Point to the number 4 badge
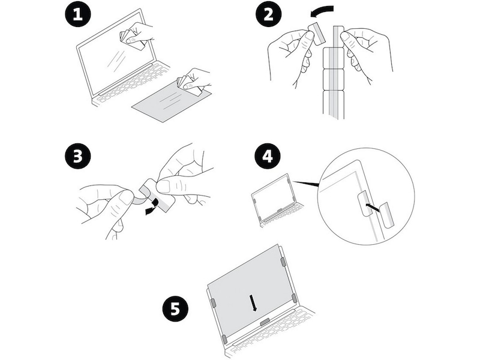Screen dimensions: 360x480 (x=267, y=157)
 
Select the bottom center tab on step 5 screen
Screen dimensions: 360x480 (x=263, y=322)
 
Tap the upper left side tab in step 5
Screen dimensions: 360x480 (x=212, y=304)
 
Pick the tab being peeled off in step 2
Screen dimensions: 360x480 (x=316, y=34)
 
